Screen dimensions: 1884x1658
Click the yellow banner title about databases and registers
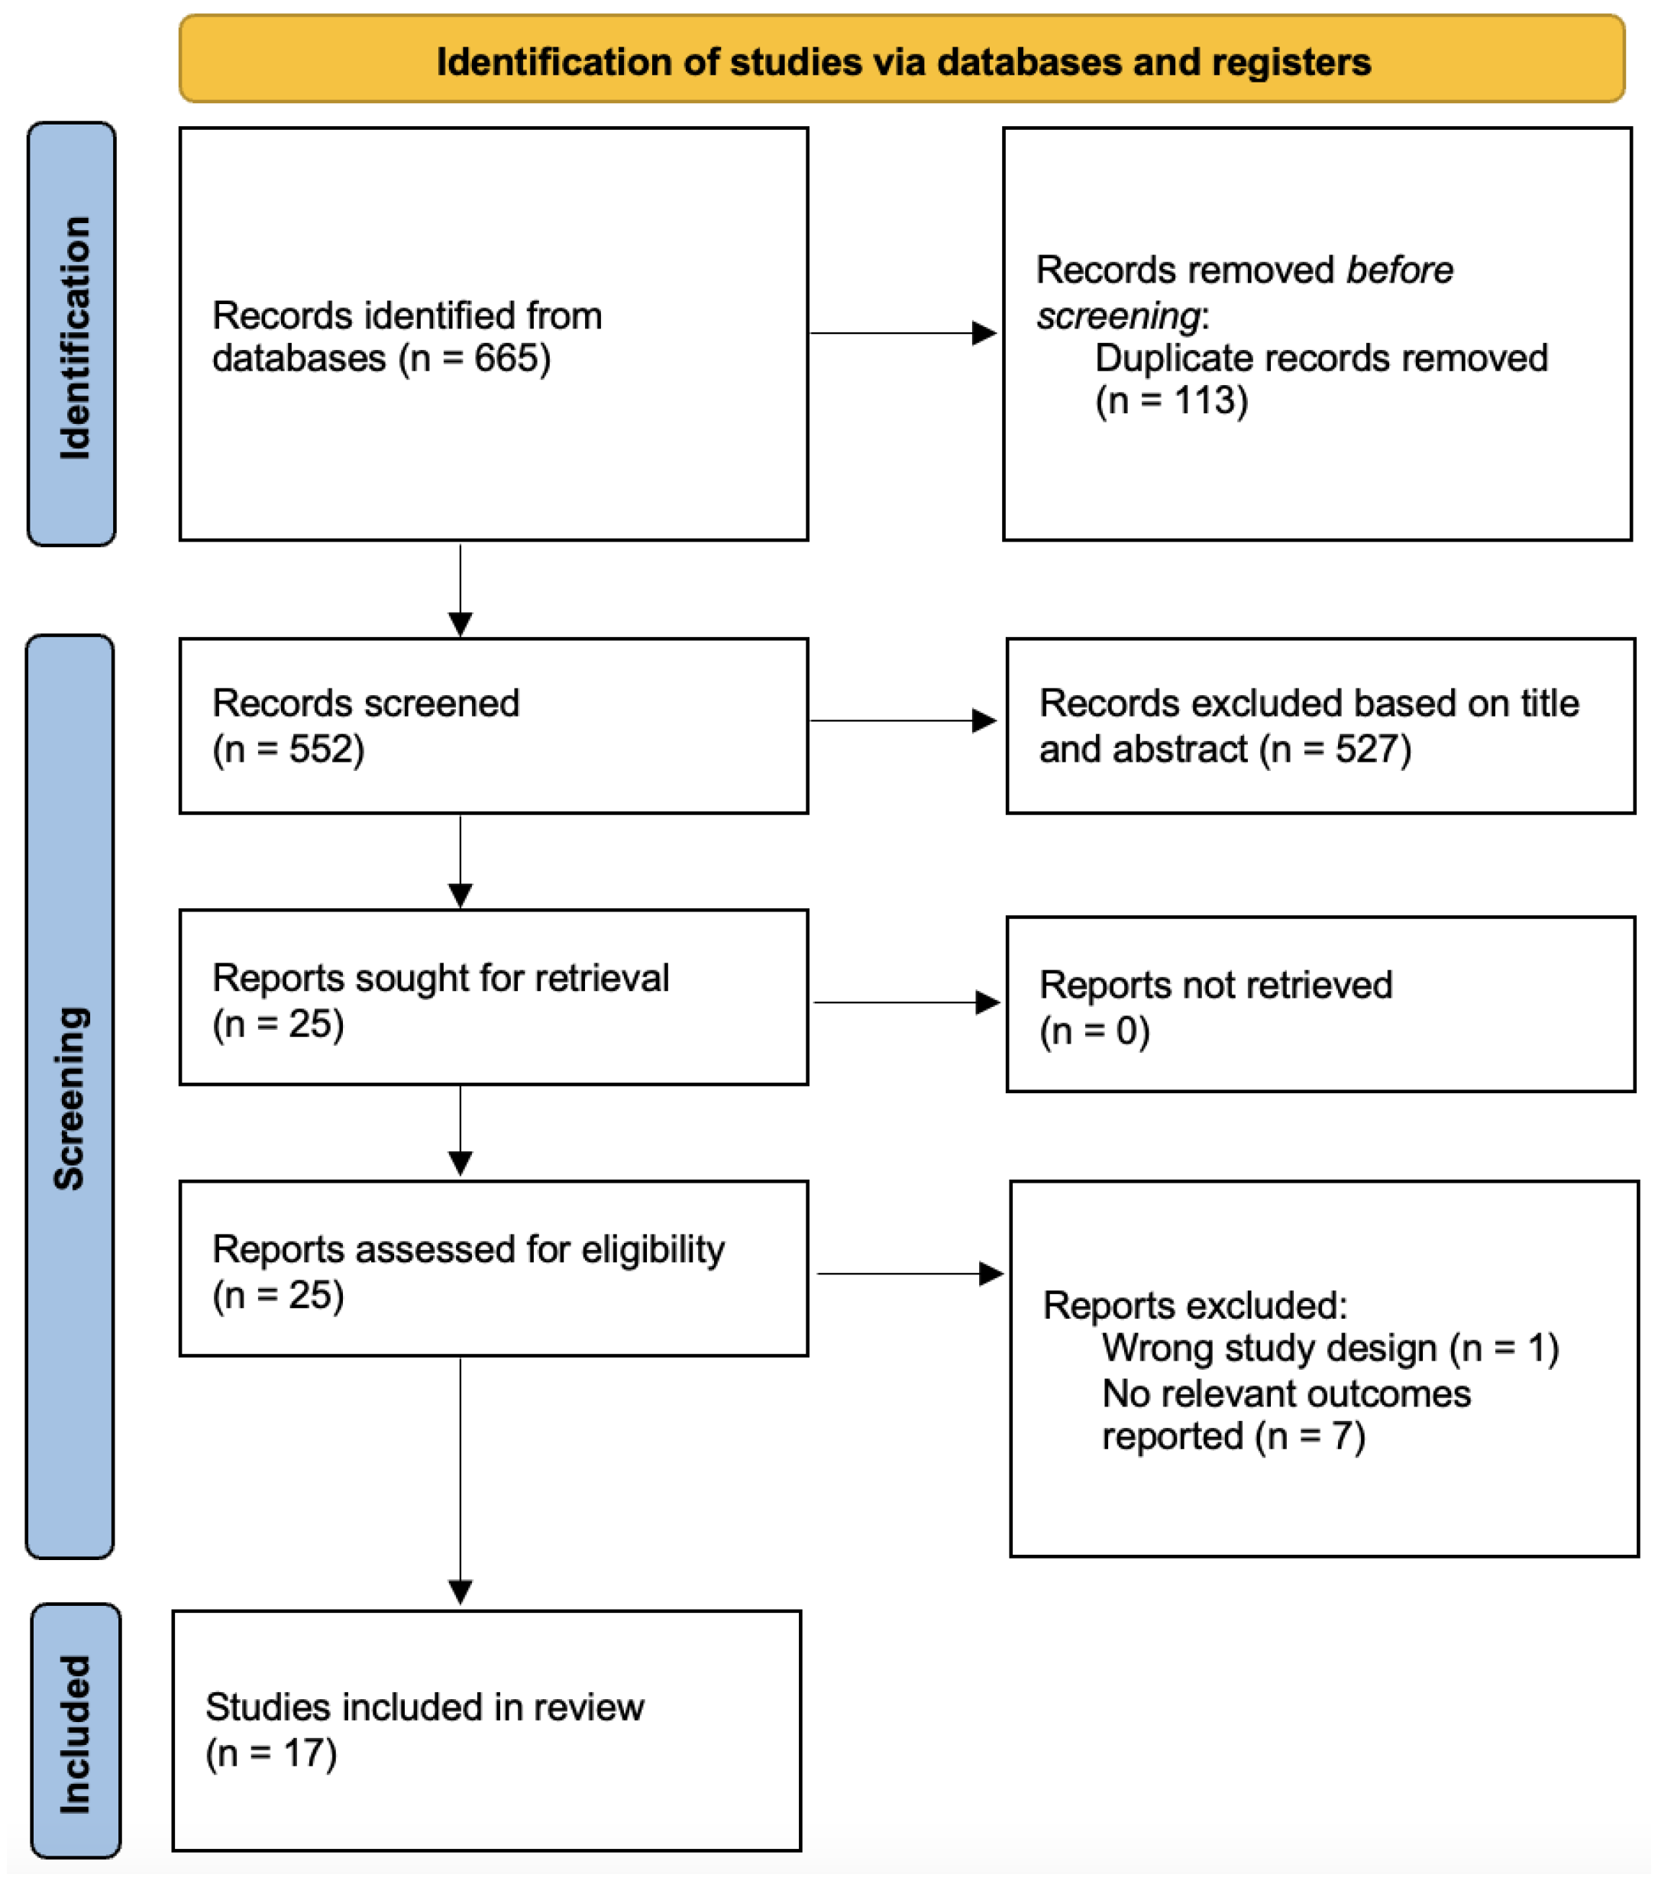(903, 62)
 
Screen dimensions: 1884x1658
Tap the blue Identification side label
(73, 336)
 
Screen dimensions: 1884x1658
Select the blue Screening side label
(70, 1097)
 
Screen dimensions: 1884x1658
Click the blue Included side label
(75, 1733)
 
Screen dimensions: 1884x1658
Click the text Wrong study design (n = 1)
(1330, 1348)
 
